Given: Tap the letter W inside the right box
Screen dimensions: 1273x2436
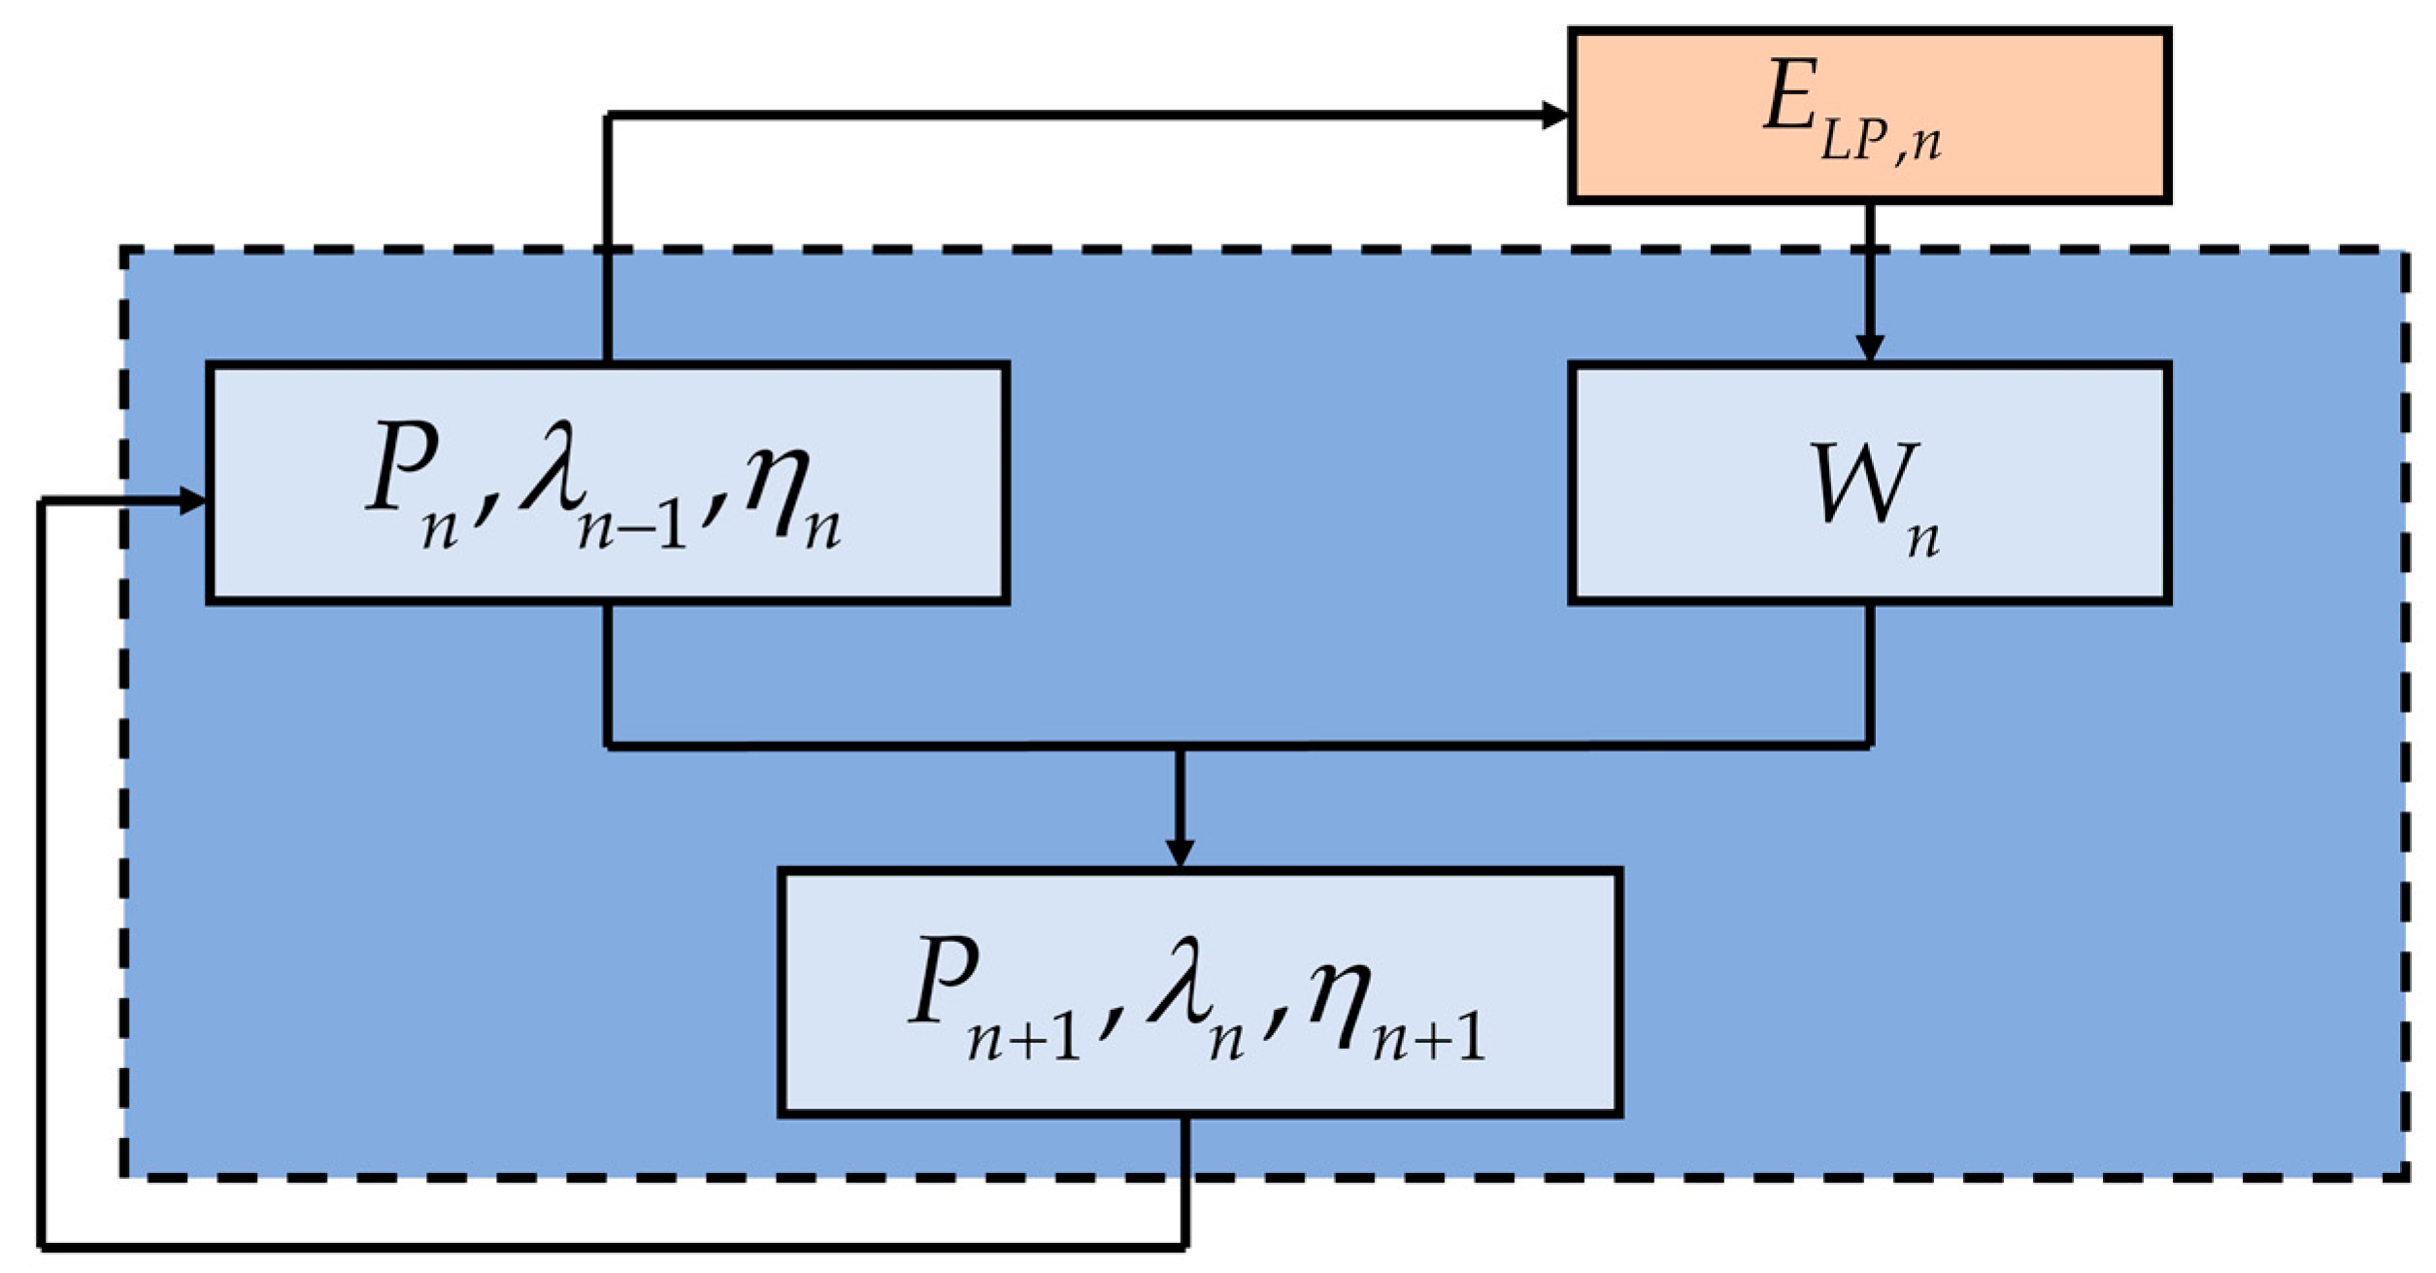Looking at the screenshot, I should pyautogui.click(x=1864, y=483).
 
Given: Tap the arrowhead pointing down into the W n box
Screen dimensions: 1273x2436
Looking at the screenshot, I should pyautogui.click(x=1869, y=348).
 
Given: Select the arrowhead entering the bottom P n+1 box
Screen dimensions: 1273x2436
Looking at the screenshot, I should pyautogui.click(x=1179, y=853).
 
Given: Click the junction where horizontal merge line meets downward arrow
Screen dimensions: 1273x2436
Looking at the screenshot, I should pyautogui.click(x=1180, y=747).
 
